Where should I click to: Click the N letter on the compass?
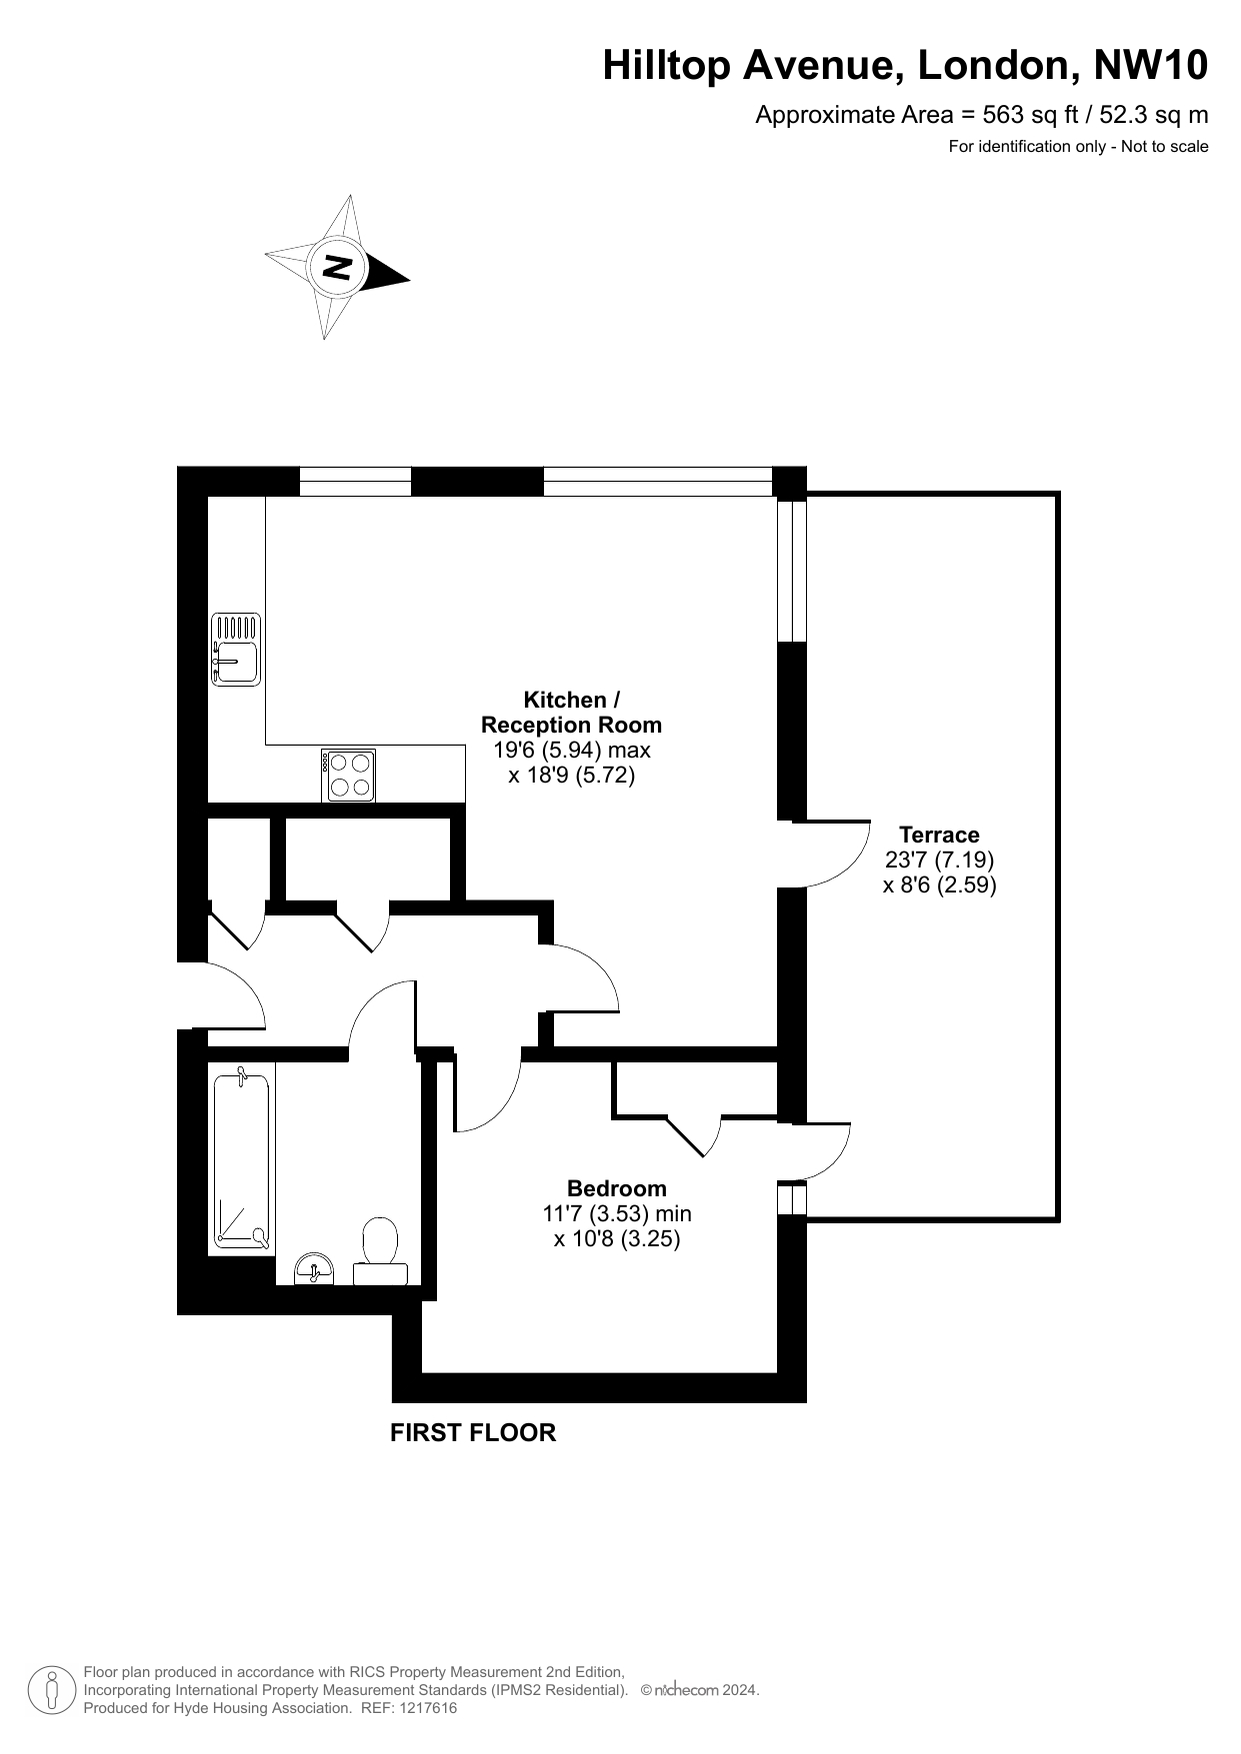coord(338,268)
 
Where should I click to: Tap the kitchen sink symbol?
coord(236,650)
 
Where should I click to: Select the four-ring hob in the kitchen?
coord(349,776)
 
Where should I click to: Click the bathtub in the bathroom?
coord(241,1160)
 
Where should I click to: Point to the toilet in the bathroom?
coord(380,1250)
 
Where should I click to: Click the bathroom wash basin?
coord(315,1269)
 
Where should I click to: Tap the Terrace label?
coord(939,835)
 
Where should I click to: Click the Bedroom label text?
coord(616,1188)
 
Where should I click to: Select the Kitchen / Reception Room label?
coord(571,712)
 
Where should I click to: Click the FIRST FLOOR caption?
coord(473,1432)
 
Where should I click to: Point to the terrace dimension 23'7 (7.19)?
coord(939,860)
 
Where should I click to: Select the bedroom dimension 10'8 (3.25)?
coord(617,1239)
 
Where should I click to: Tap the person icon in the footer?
coord(52,1689)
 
